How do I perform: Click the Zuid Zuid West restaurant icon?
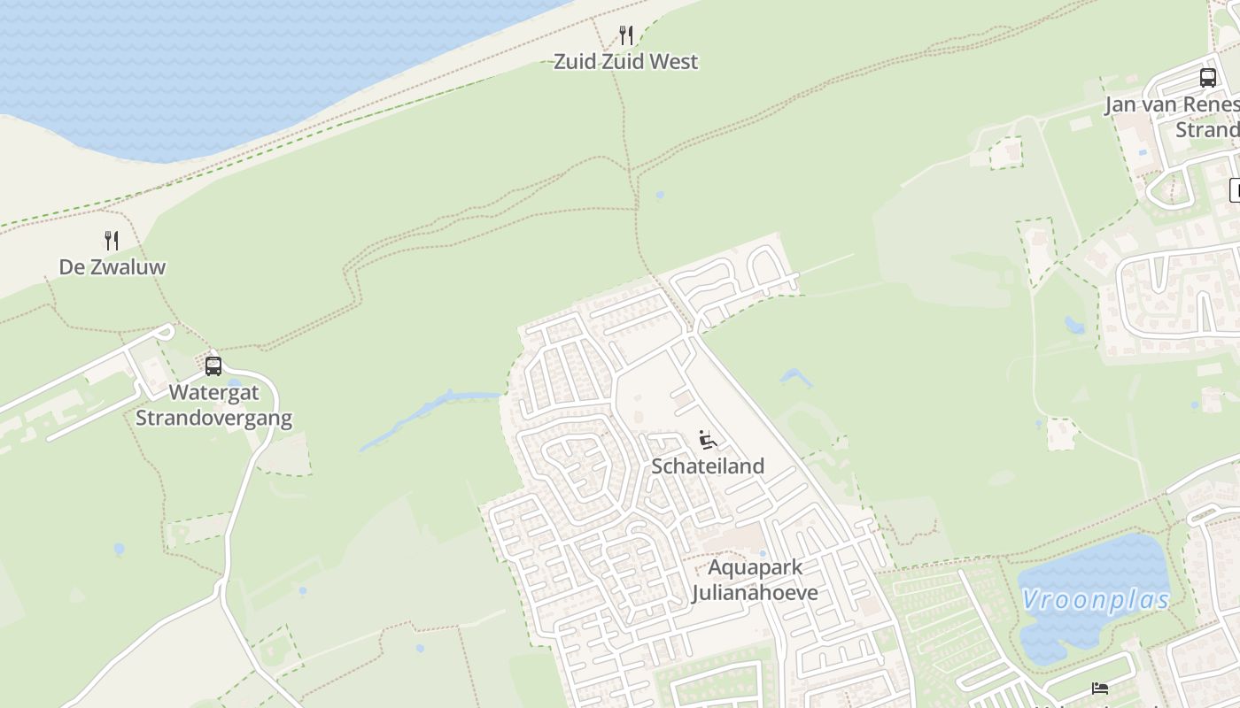pos(626,35)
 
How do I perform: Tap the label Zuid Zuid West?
pos(625,62)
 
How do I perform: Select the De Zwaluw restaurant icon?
pos(112,241)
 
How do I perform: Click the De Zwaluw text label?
pos(112,267)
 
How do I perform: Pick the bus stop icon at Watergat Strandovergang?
pos(213,366)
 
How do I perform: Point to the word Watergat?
pos(213,392)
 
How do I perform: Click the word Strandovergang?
pos(213,418)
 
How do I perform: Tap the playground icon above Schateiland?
pos(707,440)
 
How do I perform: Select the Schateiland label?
pos(707,466)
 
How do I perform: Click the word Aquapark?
pos(755,567)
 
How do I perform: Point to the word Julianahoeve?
pos(755,592)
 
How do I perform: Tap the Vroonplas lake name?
pos(1095,600)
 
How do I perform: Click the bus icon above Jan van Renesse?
pos(1208,78)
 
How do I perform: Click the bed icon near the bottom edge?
pos(1100,688)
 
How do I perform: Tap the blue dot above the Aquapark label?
pos(763,554)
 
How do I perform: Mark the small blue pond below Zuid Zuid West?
pos(660,195)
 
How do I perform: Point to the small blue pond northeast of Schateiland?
pos(794,378)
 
